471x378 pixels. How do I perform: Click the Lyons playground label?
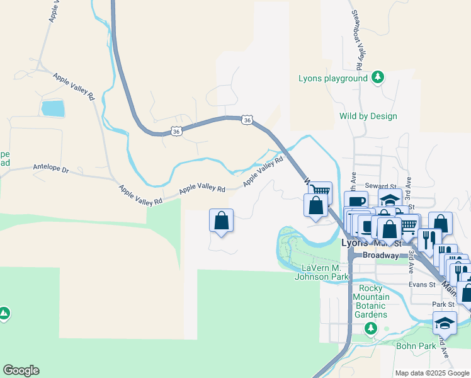332,79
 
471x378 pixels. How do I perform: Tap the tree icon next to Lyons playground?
378,77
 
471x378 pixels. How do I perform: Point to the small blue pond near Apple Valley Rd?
52,108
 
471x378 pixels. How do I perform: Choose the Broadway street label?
380,255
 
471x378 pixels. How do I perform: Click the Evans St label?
422,285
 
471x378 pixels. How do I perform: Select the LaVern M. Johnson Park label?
324,272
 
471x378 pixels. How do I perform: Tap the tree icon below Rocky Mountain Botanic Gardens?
371,328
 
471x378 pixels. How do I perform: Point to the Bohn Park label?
416,345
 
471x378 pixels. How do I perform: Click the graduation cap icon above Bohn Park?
445,323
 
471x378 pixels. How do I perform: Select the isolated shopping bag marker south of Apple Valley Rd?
221,220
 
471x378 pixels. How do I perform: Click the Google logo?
21,370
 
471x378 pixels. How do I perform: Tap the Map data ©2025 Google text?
432,373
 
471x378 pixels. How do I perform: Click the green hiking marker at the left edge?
4,313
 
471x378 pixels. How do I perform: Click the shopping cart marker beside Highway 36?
321,191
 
